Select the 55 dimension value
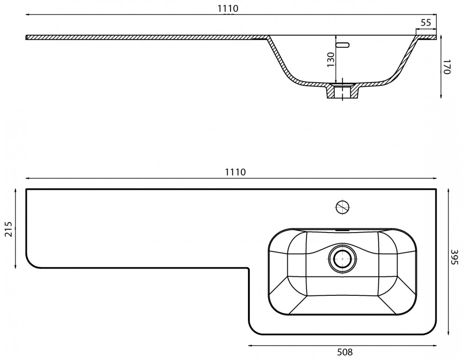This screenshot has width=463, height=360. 426,22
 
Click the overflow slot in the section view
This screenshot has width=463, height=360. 343,45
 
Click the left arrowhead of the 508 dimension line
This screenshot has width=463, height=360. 249,346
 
